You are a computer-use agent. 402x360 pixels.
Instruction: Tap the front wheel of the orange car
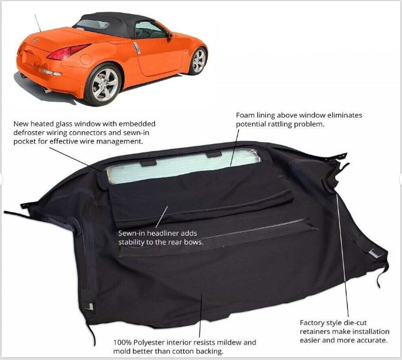click(x=199, y=60)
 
